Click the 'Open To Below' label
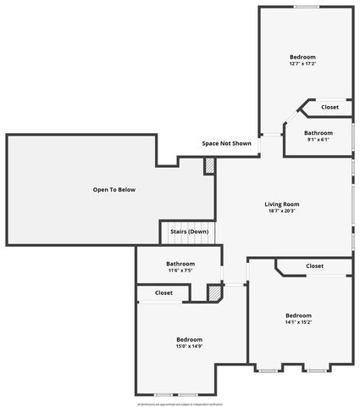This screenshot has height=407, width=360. (x=114, y=190)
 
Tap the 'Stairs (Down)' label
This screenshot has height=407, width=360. (x=189, y=231)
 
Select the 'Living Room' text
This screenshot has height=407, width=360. (x=282, y=204)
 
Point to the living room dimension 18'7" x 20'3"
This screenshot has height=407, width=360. (x=282, y=211)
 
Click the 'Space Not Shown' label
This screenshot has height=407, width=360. (x=227, y=143)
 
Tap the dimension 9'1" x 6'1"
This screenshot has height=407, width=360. (x=318, y=140)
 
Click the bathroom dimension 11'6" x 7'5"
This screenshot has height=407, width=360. (x=180, y=270)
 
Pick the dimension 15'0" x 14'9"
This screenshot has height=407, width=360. (x=188, y=346)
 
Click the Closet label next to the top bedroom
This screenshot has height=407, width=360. (x=330, y=108)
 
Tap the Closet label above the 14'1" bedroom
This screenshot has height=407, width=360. (x=314, y=266)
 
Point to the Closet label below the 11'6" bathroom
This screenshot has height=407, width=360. (x=163, y=293)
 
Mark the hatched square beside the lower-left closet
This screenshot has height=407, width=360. (x=214, y=293)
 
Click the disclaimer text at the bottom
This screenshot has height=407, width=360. (x=180, y=403)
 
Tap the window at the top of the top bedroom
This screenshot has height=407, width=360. (x=306, y=8)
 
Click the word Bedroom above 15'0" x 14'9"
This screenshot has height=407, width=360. (x=188, y=338)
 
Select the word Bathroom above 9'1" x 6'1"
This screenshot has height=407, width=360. (x=318, y=133)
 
